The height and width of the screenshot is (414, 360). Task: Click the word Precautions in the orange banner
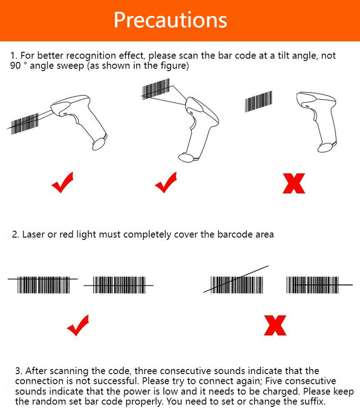click(x=171, y=20)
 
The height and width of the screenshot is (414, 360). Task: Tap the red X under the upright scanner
click(x=294, y=183)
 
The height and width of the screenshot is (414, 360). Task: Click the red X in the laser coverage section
click(x=275, y=325)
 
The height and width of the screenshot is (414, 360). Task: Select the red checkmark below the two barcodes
click(x=78, y=325)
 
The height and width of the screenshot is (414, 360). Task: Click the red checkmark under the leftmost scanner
click(x=63, y=183)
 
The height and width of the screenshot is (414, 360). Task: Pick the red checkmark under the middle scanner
click(x=166, y=183)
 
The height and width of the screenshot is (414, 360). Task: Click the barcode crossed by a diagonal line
click(x=237, y=285)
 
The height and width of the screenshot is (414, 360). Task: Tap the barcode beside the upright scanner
click(x=258, y=102)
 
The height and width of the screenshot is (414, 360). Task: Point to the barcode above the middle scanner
click(x=156, y=89)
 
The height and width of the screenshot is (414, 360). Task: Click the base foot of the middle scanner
click(x=188, y=158)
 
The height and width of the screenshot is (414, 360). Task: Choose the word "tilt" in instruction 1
click(x=283, y=55)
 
